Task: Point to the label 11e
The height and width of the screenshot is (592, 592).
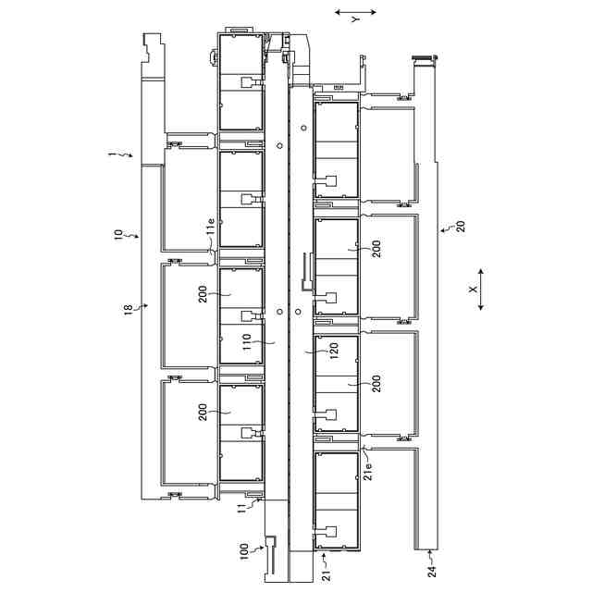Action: point(210,224)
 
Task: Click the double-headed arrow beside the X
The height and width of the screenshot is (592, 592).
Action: point(482,290)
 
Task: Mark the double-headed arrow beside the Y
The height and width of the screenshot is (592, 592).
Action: point(356,14)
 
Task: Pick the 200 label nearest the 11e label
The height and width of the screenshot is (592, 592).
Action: point(203,294)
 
